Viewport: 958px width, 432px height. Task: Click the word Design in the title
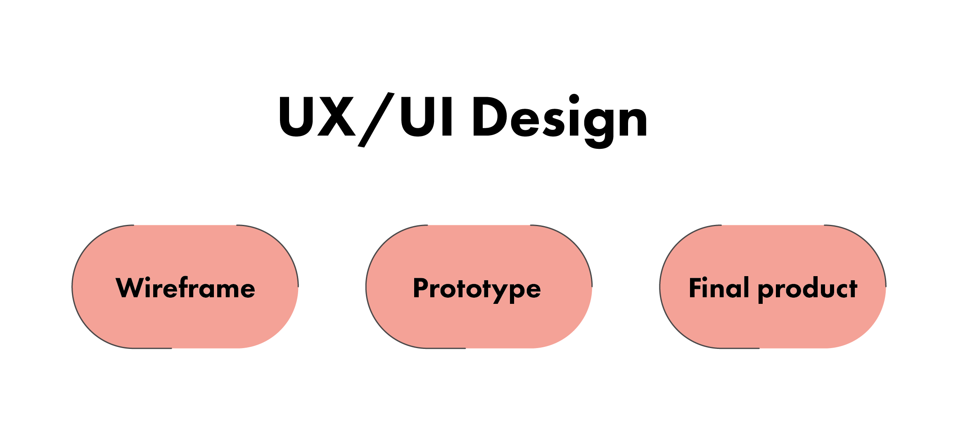[560, 118]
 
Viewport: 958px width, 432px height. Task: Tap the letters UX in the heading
[317, 117]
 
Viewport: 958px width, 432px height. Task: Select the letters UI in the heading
[427, 117]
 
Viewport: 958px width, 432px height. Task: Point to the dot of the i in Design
[574, 99]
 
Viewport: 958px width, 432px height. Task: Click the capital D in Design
[489, 117]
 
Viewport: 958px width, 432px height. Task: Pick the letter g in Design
[600, 124]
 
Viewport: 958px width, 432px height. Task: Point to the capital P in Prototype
[421, 288]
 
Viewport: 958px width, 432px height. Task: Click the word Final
[719, 288]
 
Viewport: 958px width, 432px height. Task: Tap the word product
[808, 289]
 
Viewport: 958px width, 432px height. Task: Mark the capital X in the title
[336, 117]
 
